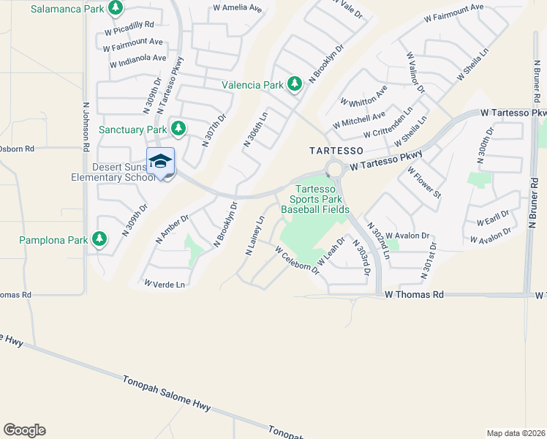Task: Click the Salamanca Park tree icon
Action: click(x=115, y=8)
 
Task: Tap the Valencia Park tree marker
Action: click(x=295, y=84)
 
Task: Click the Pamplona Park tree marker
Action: click(x=99, y=239)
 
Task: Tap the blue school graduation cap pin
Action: click(x=160, y=161)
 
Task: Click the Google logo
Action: click(x=24, y=430)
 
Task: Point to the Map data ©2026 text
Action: click(x=516, y=432)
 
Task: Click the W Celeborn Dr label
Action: click(x=298, y=260)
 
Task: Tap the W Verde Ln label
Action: click(x=165, y=283)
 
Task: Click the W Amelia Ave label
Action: click(x=237, y=8)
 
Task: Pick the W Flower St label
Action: click(x=425, y=183)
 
